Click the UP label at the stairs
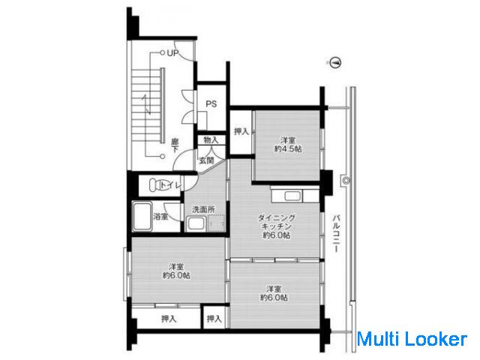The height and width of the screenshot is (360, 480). click(x=172, y=53)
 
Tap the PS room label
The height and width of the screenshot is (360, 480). click(x=211, y=104)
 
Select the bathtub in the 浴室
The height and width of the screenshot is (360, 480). click(x=142, y=217)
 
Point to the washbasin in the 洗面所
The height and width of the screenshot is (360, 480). click(x=196, y=223)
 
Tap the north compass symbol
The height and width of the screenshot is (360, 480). click(x=336, y=63)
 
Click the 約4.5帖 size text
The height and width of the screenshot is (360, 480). click(x=288, y=149)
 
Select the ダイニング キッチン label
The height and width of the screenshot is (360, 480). click(x=277, y=222)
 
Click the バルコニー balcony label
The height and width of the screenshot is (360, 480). click(x=337, y=233)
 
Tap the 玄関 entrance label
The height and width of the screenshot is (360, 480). click(x=207, y=160)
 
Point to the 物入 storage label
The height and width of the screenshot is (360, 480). click(x=211, y=140)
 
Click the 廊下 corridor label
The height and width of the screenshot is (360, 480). click(x=175, y=145)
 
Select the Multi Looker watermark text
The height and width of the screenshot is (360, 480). click(x=412, y=340)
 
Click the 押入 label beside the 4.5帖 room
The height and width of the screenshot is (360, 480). click(x=241, y=132)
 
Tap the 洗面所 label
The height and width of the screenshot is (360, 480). click(x=203, y=210)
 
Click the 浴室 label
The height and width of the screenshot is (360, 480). click(x=160, y=217)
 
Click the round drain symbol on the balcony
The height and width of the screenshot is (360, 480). click(x=346, y=181)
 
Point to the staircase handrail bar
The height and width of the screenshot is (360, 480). click(x=163, y=105)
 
